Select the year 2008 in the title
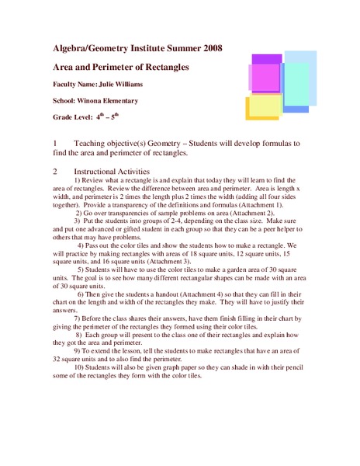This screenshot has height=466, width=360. pyautogui.click(x=210, y=48)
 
